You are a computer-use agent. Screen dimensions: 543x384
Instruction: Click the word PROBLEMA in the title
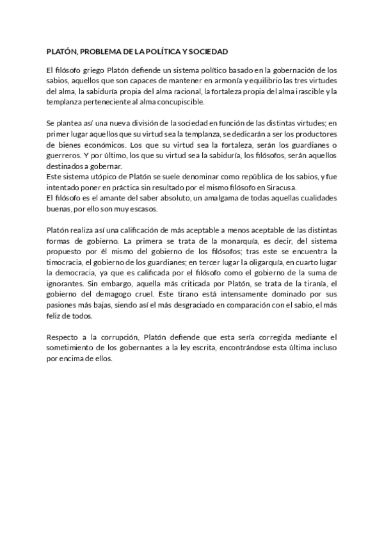(x=99, y=51)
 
